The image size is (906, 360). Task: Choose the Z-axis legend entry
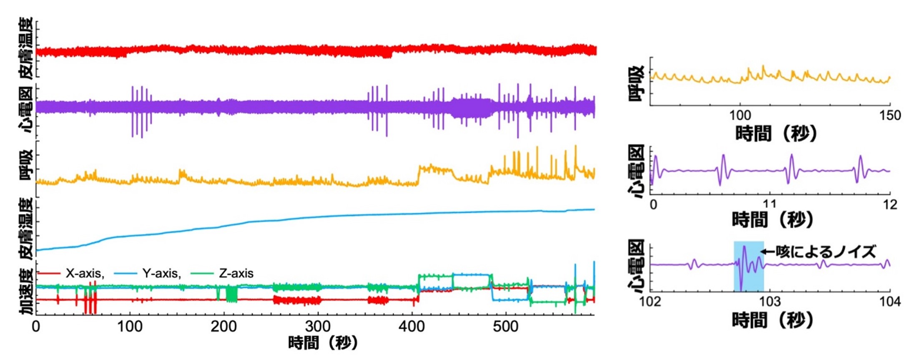click(x=236, y=274)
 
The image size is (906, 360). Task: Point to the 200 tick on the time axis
click(x=224, y=326)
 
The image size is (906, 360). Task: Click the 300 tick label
click(x=318, y=326)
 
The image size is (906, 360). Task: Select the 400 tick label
click(x=412, y=326)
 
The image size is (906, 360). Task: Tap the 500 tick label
click(x=506, y=326)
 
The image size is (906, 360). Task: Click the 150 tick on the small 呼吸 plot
click(x=889, y=115)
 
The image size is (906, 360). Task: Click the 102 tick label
click(x=650, y=301)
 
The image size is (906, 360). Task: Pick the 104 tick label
click(x=889, y=301)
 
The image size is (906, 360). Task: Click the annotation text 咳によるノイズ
click(x=826, y=252)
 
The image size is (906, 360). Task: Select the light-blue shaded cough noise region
click(x=749, y=266)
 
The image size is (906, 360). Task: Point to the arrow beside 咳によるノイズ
click(x=768, y=252)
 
